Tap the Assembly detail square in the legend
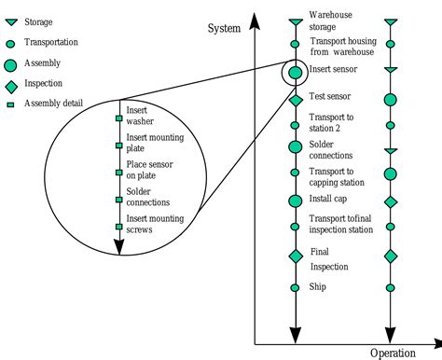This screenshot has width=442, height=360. (x=10, y=104)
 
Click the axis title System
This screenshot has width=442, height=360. (x=225, y=28)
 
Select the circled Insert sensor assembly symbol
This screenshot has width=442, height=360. (x=296, y=72)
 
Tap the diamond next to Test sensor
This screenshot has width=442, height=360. (x=296, y=99)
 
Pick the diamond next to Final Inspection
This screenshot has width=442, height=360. (x=296, y=256)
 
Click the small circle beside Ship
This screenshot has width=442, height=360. (x=296, y=288)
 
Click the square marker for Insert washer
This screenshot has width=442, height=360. (x=118, y=118)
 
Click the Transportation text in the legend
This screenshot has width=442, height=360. (x=50, y=42)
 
